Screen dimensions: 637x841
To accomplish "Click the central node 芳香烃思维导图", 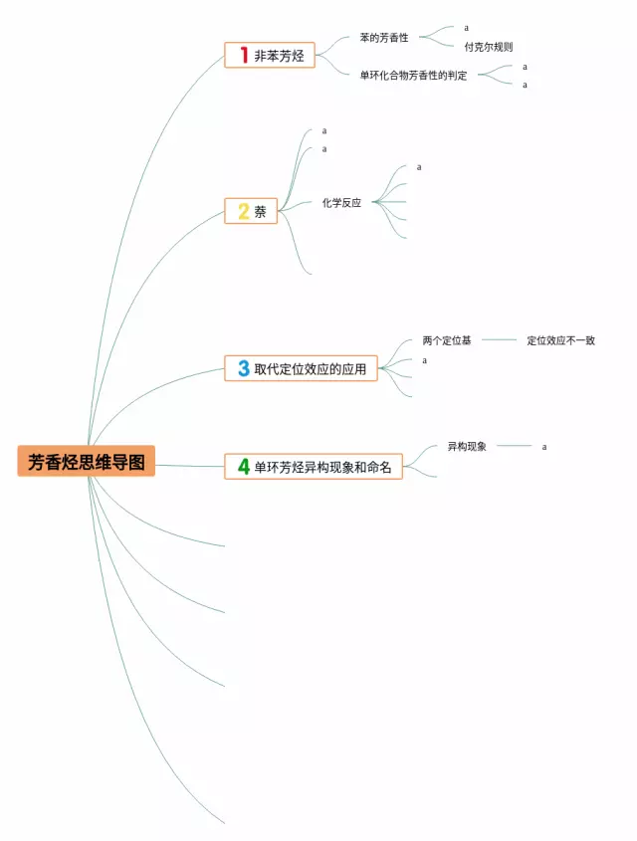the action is coord(87,462).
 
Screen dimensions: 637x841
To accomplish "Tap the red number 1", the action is coord(242,56).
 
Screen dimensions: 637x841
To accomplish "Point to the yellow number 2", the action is coord(243,211).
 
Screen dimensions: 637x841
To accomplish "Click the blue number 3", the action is coord(243,368).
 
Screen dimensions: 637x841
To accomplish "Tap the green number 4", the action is coord(243,466).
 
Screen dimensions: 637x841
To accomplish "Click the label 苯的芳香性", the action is coord(384,38).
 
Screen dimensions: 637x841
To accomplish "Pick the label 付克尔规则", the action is coord(489,47).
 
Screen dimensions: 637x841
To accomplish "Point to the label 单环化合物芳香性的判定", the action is coord(413,76).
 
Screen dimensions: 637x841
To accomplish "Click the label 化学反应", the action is coord(341,202).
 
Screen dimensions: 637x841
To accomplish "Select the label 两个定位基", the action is coord(447,340).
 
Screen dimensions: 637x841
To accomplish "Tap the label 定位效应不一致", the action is coord(561,340).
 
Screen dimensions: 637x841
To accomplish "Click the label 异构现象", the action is coord(467,447).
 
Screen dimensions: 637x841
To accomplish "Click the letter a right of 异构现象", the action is coord(544,447).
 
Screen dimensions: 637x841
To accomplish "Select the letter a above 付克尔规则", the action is coord(466,28).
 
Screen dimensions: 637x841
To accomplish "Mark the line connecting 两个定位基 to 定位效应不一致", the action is coord(499,340).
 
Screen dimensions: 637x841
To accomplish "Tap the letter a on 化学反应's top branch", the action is coord(419,167).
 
